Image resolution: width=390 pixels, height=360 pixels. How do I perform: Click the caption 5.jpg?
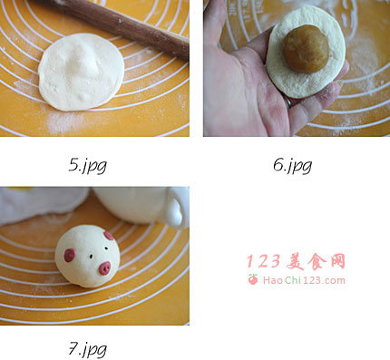click(x=87, y=165)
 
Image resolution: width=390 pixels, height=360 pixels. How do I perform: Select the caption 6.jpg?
click(x=292, y=165)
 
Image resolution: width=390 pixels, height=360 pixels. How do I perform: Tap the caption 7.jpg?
click(x=87, y=349)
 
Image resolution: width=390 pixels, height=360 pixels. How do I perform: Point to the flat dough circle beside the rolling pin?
click(x=81, y=72)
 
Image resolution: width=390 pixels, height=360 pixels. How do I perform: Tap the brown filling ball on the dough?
click(x=307, y=49)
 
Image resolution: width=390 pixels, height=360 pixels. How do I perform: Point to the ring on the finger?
click(x=289, y=102)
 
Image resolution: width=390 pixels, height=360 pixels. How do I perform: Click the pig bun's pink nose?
click(x=105, y=268)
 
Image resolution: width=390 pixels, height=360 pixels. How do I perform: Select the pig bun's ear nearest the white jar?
click(x=109, y=236)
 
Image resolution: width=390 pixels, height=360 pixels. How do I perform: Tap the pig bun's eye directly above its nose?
click(x=106, y=248)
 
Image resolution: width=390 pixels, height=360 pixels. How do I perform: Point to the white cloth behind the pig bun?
click(x=43, y=203)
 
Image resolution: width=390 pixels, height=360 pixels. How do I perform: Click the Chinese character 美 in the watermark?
click(x=297, y=261)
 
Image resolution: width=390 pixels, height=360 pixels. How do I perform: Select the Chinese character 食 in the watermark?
click(x=317, y=261)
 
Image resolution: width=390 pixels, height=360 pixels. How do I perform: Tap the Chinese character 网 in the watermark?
click(x=337, y=261)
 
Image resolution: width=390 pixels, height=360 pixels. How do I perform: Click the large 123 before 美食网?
click(x=264, y=261)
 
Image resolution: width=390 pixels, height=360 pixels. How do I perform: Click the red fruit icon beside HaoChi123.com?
click(x=253, y=279)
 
